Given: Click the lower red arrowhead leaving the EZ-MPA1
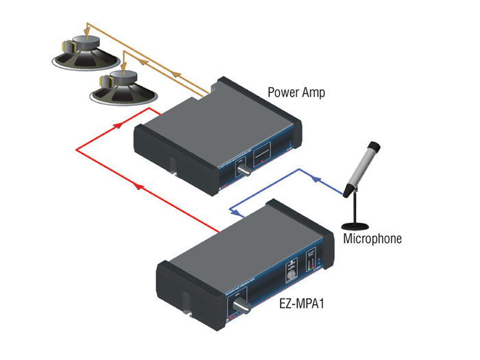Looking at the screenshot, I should pyautogui.click(x=140, y=185).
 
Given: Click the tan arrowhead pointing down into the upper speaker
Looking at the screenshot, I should pyautogui.click(x=87, y=31).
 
